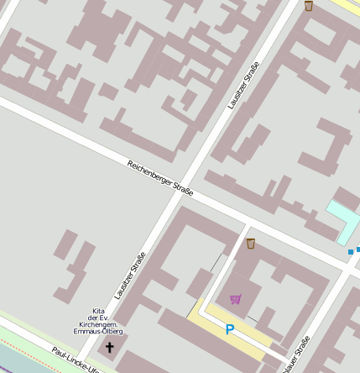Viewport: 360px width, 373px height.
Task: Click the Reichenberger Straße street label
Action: pos(160,178)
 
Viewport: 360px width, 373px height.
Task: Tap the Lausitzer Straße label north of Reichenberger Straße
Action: pos(243,86)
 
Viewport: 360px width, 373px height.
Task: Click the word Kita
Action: pos(98,311)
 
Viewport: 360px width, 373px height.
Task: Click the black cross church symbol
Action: pos(109,346)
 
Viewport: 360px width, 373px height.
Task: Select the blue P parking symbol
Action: pos(229,330)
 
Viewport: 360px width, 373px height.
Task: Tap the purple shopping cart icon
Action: pos(235,299)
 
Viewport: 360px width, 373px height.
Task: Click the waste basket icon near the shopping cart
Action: pos(251,244)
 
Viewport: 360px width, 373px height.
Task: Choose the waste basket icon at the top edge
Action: pos(309,6)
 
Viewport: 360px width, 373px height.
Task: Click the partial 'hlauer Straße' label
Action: pos(297,355)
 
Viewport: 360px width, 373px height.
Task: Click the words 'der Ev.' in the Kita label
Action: pos(98,318)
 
